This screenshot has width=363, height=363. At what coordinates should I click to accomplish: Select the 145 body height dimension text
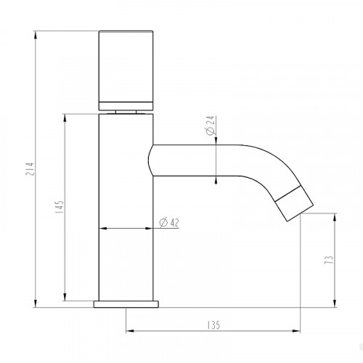[x=59, y=209]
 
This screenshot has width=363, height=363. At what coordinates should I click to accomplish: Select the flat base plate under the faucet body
[x=126, y=302]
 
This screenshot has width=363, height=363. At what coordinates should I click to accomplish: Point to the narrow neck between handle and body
[x=126, y=110]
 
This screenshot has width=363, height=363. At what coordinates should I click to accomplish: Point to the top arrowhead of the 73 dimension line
[x=335, y=216]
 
